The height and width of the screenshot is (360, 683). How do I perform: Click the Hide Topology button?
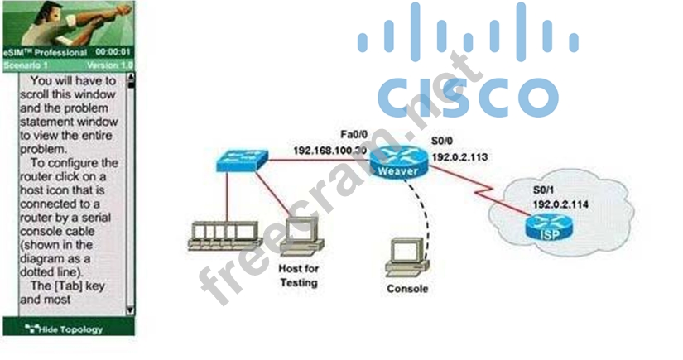coord(68,329)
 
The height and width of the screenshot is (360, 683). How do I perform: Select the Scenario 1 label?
coord(26,65)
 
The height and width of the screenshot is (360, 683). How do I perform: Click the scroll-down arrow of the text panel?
coord(130,310)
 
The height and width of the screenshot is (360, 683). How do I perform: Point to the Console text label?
coord(407,289)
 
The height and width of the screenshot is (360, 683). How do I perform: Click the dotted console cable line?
coord(428,207)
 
